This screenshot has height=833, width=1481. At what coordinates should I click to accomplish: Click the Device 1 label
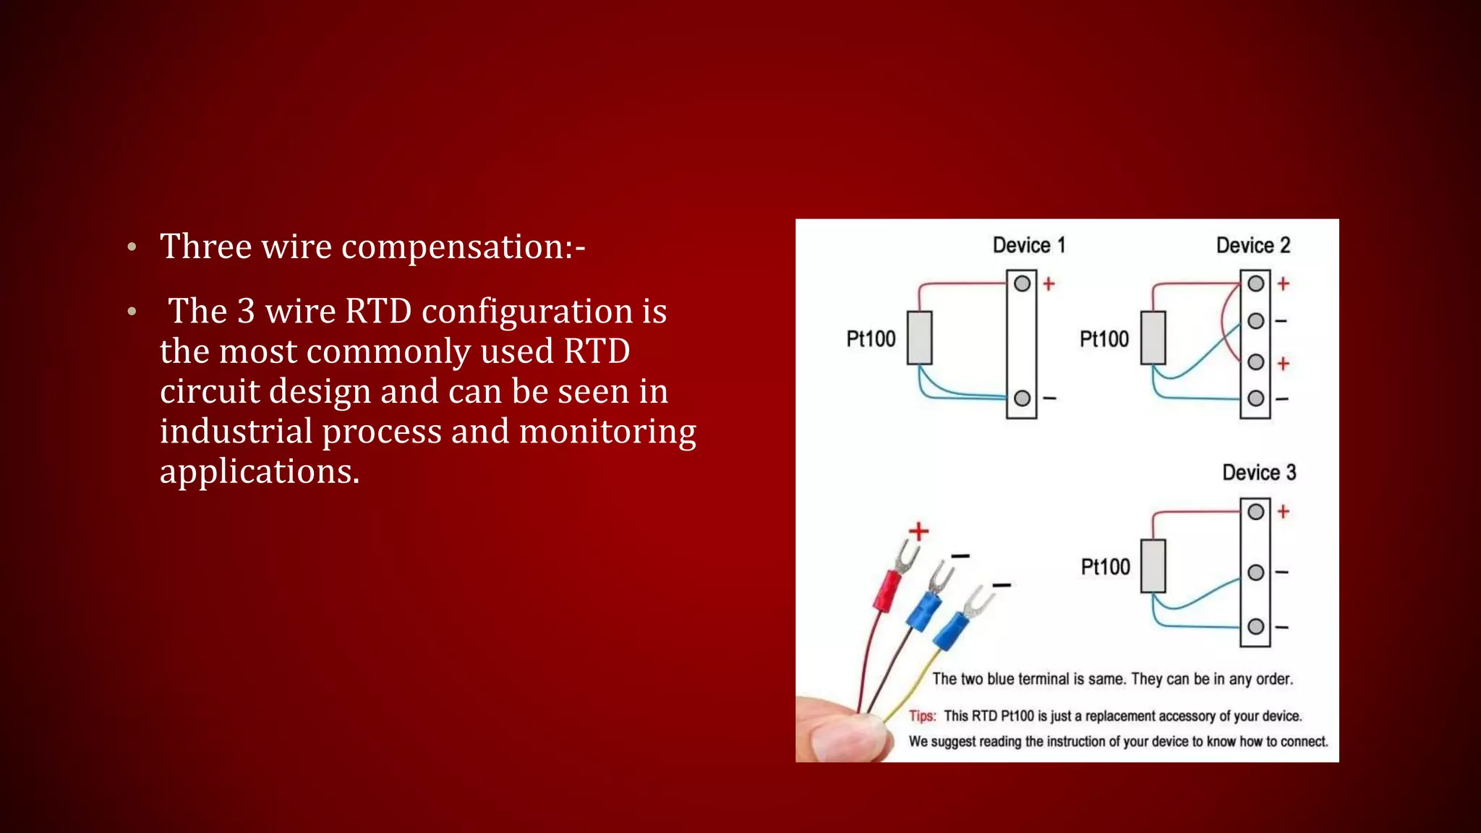1028,245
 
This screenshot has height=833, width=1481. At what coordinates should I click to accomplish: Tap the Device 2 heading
1252,245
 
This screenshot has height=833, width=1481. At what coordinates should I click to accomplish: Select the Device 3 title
1259,472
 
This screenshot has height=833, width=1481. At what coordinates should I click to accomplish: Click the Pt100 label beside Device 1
871,338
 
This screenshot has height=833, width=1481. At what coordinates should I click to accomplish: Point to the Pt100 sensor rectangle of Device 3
1153,566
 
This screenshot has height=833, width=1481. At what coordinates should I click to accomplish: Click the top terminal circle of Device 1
1022,283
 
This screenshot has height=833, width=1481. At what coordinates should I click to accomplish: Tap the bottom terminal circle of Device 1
1022,398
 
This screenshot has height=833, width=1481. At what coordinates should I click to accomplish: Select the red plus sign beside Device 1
1049,284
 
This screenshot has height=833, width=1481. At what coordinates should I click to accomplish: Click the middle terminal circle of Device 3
1255,572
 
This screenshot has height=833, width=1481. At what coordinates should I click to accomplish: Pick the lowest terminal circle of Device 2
1255,398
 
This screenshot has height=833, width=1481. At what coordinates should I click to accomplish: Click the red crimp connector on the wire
887,590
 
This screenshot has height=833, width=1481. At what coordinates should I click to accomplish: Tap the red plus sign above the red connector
918,531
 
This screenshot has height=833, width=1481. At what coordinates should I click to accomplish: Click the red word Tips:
922,716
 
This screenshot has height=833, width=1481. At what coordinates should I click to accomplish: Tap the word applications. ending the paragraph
259,471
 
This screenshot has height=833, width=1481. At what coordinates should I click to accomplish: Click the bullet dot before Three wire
132,247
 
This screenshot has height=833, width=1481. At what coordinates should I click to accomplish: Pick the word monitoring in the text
607,431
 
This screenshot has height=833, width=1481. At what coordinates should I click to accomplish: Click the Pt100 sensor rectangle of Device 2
1153,338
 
